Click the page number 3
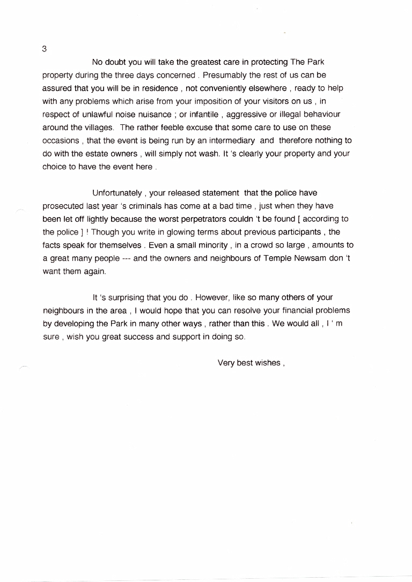pyautogui.click(x=44, y=49)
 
